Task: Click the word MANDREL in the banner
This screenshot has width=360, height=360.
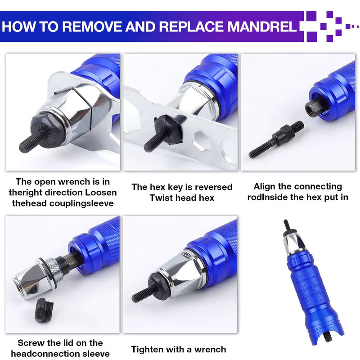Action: pyautogui.click(x=262, y=27)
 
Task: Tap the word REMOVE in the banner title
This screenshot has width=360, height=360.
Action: pyautogui.click(x=92, y=27)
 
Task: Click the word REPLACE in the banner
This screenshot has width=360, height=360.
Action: pyautogui.click(x=192, y=27)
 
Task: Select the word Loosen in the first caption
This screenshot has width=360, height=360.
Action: pyautogui.click(x=101, y=193)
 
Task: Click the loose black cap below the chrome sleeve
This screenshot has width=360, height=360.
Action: pyautogui.click(x=44, y=310)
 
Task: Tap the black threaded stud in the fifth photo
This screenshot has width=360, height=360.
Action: pyautogui.click(x=142, y=295)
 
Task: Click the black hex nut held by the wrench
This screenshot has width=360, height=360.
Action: pyautogui.click(x=167, y=130)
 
